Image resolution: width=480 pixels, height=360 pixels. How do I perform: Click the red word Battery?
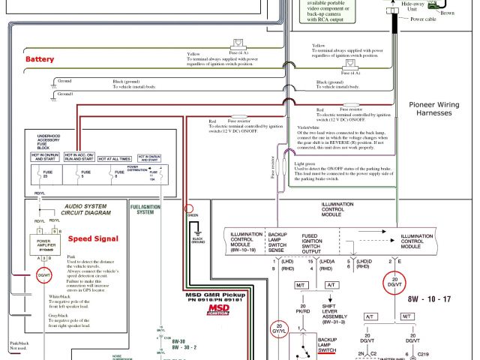(40, 59)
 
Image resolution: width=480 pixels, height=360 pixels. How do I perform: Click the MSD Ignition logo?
(219, 310)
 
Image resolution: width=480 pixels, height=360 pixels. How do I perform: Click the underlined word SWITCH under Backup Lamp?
(328, 349)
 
